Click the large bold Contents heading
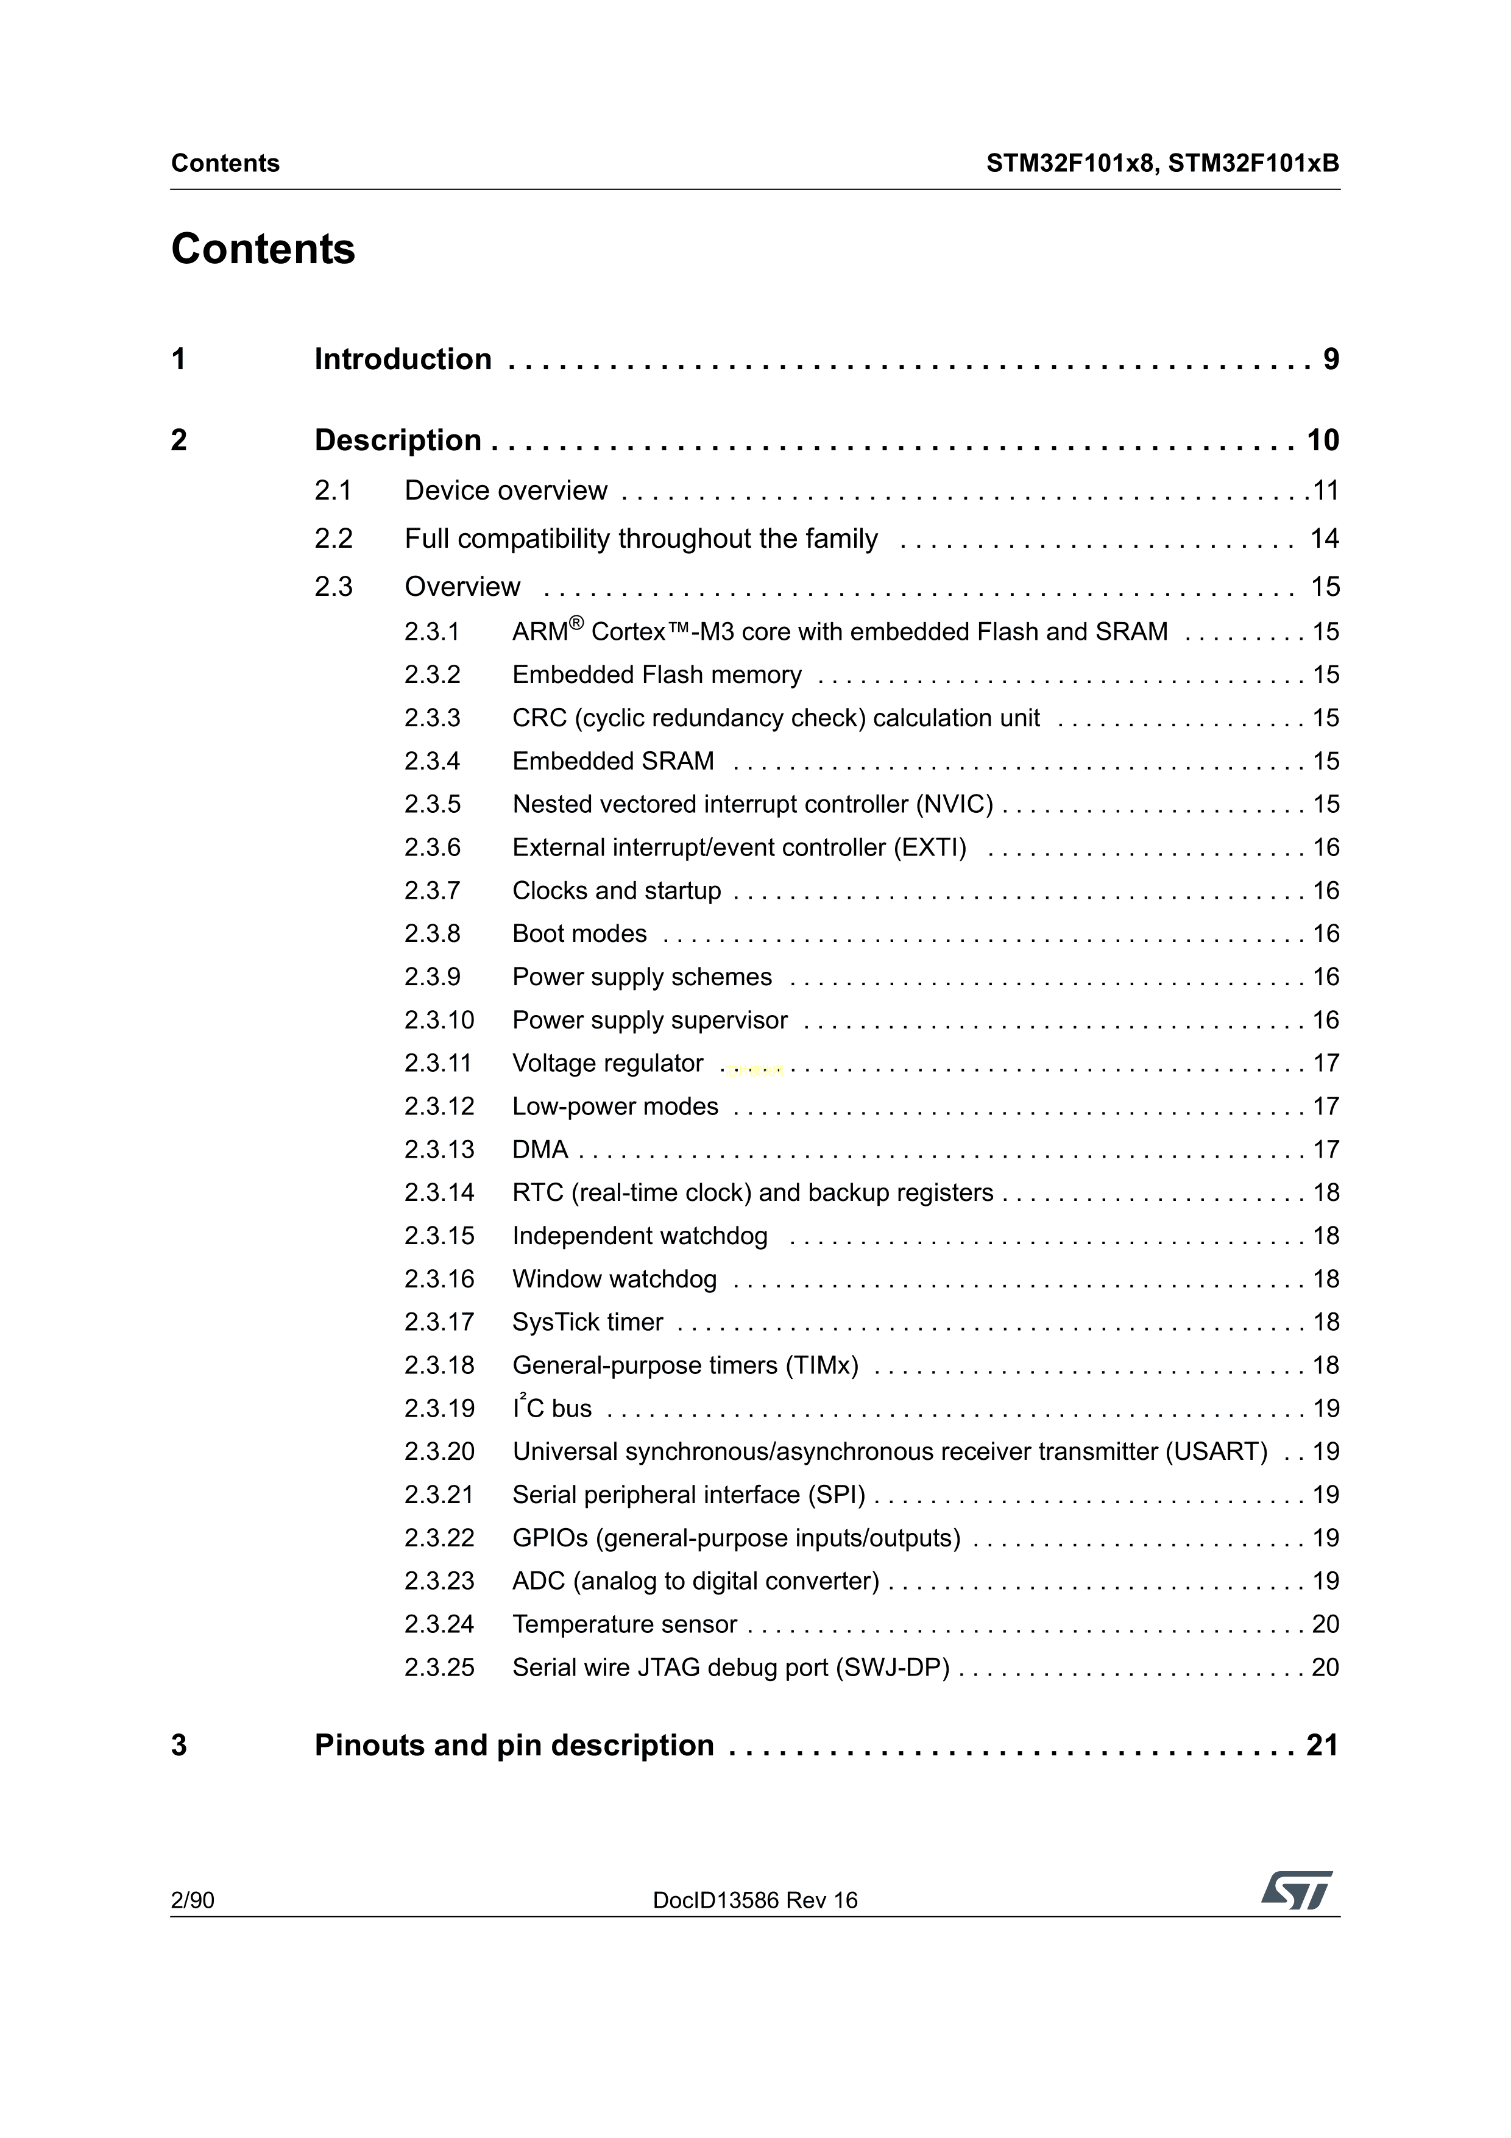click(263, 250)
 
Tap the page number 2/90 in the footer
click(193, 1900)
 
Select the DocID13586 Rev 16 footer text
click(755, 1900)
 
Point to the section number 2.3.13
click(439, 1150)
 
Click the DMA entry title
click(540, 1150)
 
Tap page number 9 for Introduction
click(1331, 359)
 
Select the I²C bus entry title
click(552, 1409)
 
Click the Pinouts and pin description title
click(514, 1745)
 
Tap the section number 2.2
click(333, 539)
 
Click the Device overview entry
click(506, 490)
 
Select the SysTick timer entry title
click(587, 1322)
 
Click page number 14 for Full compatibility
click(1324, 539)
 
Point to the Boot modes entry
click(579, 934)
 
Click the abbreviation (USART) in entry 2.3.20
click(1216, 1452)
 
